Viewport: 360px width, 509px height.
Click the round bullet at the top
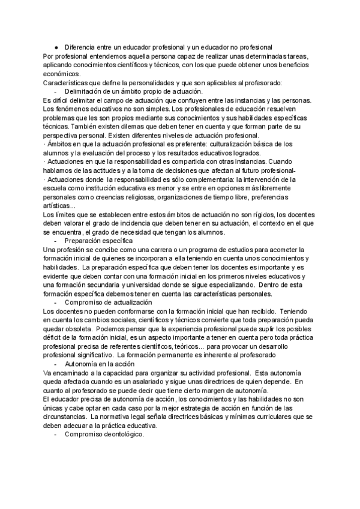(x=56, y=47)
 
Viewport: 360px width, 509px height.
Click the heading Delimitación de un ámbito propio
(x=115, y=91)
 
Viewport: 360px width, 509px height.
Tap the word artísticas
(x=60, y=206)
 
